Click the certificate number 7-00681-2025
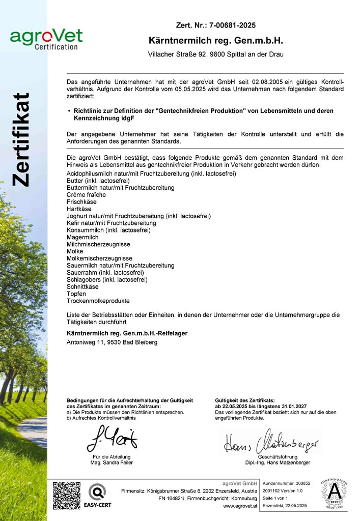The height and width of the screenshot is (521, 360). [x=230, y=25]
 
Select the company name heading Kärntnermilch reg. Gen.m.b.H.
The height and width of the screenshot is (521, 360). [x=215, y=40]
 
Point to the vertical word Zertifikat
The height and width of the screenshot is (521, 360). [x=21, y=139]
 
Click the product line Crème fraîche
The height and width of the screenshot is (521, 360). [x=86, y=195]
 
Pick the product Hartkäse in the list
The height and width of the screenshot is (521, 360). [x=79, y=209]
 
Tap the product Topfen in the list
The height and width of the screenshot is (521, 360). [x=76, y=294]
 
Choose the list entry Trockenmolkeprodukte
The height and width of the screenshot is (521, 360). [x=98, y=301]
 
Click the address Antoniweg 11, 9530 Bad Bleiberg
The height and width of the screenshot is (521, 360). [x=112, y=342]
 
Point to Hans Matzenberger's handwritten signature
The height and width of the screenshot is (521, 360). [x=271, y=441]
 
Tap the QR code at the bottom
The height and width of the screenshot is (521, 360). [x=67, y=496]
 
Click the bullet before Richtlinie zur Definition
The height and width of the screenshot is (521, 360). [x=69, y=110]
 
